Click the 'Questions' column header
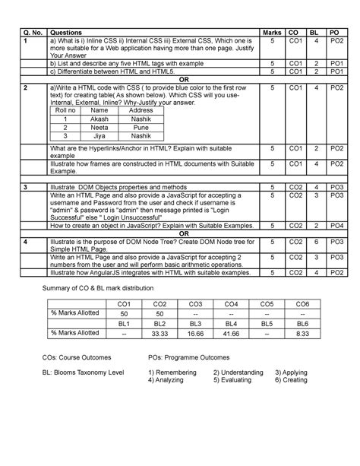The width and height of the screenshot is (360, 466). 61,33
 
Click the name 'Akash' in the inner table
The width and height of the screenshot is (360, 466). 99,119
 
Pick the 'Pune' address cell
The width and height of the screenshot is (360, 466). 141,128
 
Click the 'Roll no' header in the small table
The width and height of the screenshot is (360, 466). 65,111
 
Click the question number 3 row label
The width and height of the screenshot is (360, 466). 27,186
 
